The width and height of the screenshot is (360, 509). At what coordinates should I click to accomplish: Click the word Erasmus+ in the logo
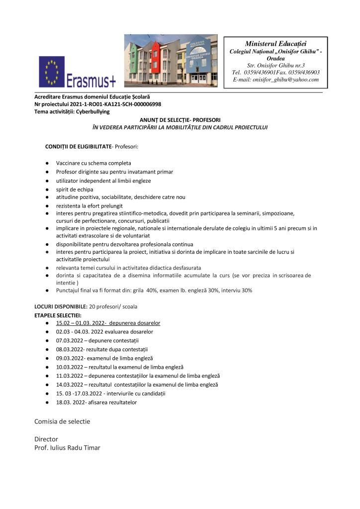90,79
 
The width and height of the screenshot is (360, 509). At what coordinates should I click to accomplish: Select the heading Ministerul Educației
275,44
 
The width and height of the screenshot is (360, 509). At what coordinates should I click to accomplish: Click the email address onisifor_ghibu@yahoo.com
275,80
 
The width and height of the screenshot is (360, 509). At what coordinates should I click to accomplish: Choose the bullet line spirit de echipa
75,190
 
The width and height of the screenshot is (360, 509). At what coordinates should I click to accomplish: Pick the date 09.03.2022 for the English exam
70,358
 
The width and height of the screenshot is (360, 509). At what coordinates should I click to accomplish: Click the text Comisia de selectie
62,421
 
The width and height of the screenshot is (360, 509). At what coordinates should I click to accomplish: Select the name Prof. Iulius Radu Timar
67,448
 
